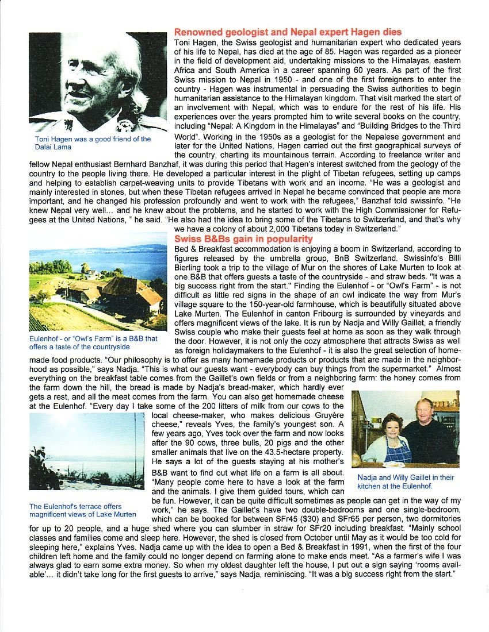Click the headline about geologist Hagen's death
click(288, 32)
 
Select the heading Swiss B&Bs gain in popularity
click(243, 238)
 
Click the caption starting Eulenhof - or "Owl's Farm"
click(93, 342)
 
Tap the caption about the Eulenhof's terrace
click(83, 510)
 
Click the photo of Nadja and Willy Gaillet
click(406, 428)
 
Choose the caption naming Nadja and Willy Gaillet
click(406, 481)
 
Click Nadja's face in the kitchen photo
click(391, 425)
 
